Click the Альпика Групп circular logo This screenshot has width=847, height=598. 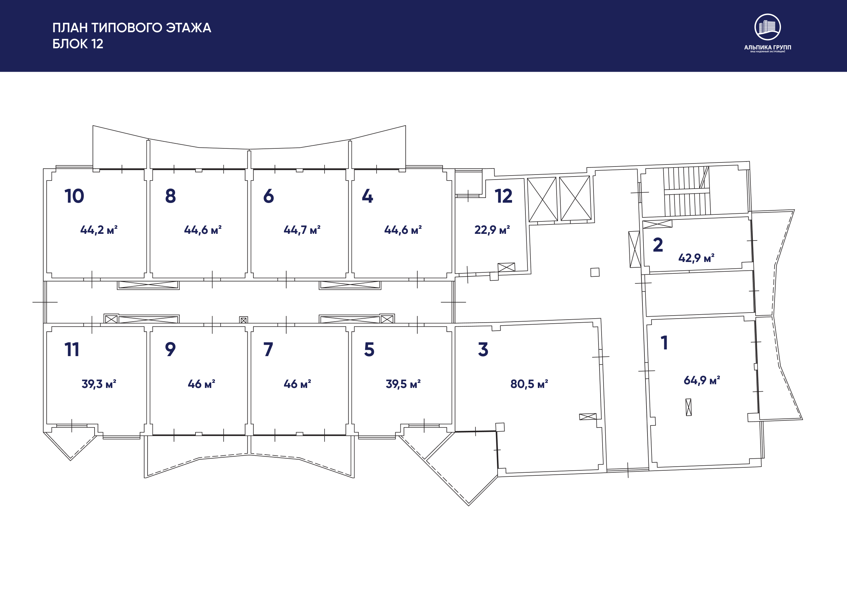point(767,27)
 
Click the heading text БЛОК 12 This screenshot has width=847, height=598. point(78,44)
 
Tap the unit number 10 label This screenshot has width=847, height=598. point(74,196)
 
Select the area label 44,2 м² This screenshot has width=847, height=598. point(99,230)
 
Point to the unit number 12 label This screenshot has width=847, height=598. point(503,196)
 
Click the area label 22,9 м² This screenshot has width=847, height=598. point(492,230)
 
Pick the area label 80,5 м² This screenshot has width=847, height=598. point(529,384)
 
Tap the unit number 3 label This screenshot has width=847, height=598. point(483,349)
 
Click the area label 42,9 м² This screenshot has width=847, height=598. point(696,258)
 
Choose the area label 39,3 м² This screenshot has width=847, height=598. point(99,384)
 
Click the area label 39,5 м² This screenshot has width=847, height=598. point(403,384)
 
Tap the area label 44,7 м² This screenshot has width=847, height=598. point(302,230)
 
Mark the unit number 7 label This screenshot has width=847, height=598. point(268,349)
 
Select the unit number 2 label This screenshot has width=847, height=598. point(658,245)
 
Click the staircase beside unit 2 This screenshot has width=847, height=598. point(686,191)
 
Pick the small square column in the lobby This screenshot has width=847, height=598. point(595,272)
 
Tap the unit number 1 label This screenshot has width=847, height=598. point(664,342)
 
